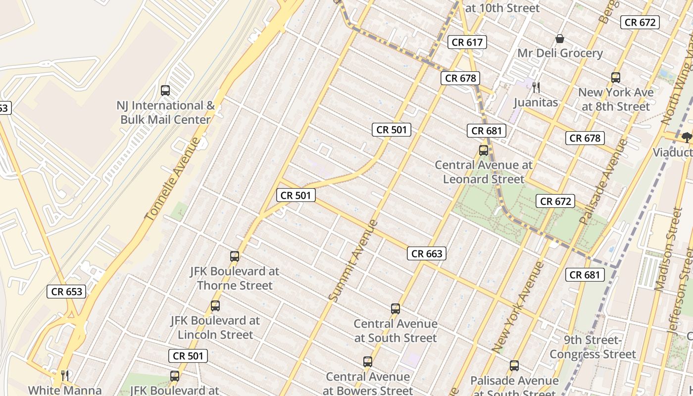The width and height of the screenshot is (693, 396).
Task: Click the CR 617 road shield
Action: pos(467,42)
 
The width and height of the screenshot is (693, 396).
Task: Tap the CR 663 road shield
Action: pos(427,253)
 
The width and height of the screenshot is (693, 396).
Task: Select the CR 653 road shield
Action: pos(67,292)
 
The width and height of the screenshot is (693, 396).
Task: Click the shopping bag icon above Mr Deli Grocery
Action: pos(560,39)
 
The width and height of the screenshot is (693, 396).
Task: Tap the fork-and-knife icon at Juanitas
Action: pos(536,88)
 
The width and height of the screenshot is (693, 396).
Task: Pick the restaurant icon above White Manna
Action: pos(64,375)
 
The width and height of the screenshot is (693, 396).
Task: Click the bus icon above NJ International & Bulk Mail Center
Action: pos(165,91)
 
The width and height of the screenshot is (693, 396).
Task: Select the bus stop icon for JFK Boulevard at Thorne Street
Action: pos(235,256)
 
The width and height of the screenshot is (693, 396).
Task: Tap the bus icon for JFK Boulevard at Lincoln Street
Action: pos(215,306)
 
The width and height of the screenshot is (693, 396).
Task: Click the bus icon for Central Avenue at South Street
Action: pos(395,309)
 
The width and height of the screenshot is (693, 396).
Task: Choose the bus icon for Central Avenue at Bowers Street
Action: pos(367,362)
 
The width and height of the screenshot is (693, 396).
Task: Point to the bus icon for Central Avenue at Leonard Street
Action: pos(483,150)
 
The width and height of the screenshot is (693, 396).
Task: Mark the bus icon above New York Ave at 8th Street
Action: pos(616,78)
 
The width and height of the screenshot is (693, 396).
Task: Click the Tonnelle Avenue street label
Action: pos(173,179)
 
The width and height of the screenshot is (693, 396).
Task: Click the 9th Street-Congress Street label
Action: pos(593,347)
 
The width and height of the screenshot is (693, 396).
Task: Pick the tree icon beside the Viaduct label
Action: pos(687,137)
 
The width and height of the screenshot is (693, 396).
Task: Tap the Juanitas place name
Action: pos(536,102)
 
